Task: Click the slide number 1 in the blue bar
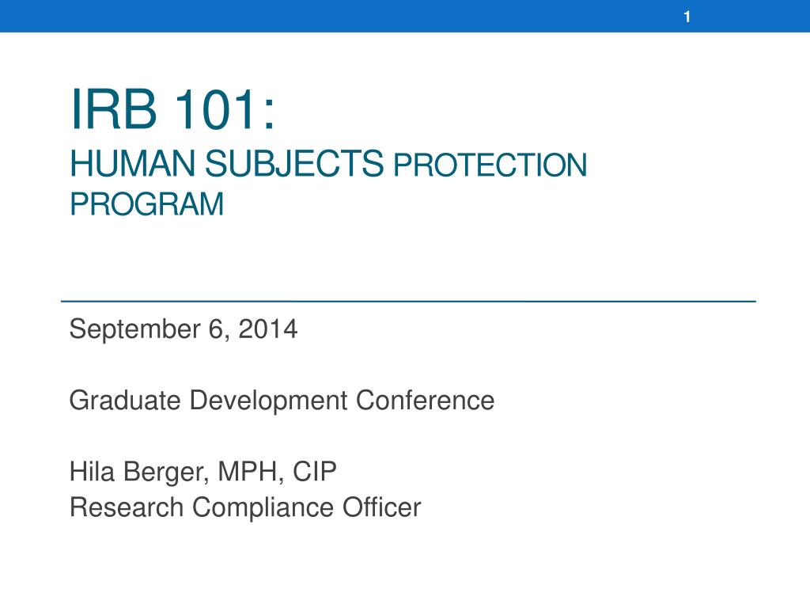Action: pyautogui.click(x=687, y=17)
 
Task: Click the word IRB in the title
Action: pyautogui.click(x=114, y=109)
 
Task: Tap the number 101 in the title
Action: pyautogui.click(x=215, y=109)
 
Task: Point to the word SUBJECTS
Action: pyautogui.click(x=294, y=164)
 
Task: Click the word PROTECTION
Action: pyautogui.click(x=490, y=165)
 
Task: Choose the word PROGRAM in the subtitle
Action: pyautogui.click(x=146, y=203)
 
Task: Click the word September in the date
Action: pyautogui.click(x=134, y=330)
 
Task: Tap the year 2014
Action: pyautogui.click(x=268, y=329)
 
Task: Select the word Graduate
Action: pyautogui.click(x=125, y=400)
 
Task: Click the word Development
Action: pyautogui.click(x=269, y=401)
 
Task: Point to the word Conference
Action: pyautogui.click(x=425, y=400)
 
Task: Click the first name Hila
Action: pyautogui.click(x=92, y=472)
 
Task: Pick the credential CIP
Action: pyautogui.click(x=315, y=472)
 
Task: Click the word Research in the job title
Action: pyautogui.click(x=127, y=507)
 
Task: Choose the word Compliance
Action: pyautogui.click(x=263, y=507)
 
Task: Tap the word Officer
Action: pyautogui.click(x=382, y=507)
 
